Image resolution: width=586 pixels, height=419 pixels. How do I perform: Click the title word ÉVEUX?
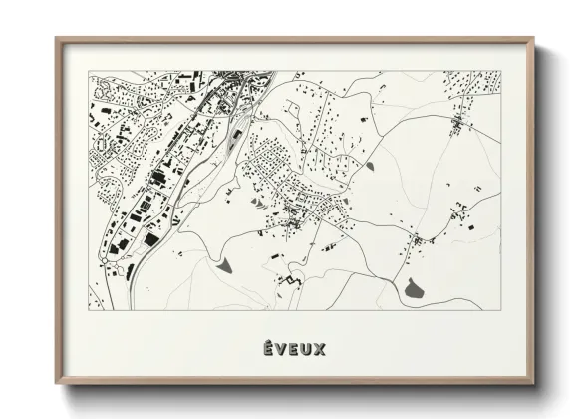click(293, 348)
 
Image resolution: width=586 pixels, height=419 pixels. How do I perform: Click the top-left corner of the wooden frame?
click(57, 39)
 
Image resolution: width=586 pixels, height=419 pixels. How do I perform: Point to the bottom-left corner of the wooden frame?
click(57, 386)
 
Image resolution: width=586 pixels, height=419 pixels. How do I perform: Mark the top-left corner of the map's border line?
click(90, 71)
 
